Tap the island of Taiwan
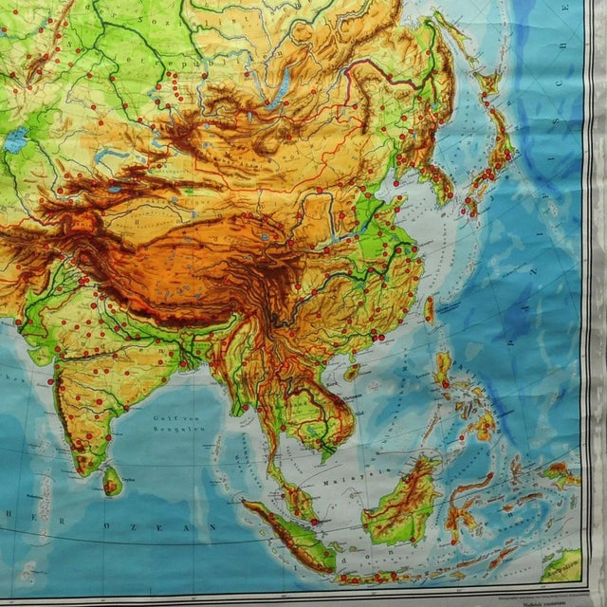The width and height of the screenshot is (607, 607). click(429, 309)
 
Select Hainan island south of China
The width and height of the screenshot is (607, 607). click(352, 373)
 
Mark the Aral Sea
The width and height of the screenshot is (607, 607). click(16, 141)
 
